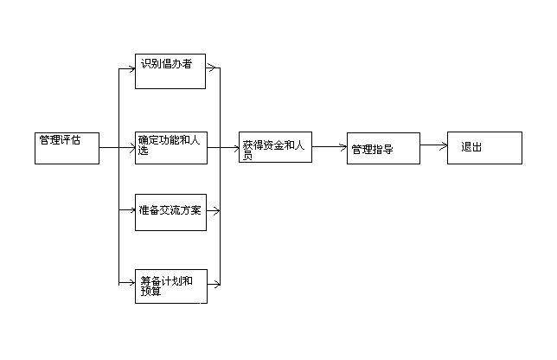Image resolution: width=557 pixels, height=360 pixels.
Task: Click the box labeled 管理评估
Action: click(67, 147)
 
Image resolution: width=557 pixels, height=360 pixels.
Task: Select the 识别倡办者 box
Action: click(170, 71)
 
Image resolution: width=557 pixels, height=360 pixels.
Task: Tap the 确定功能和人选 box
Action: click(171, 148)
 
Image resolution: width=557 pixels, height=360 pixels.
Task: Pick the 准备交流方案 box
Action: click(171, 212)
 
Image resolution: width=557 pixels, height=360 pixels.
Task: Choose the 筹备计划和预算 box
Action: click(171, 286)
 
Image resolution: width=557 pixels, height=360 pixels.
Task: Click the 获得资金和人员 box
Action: click(275, 147)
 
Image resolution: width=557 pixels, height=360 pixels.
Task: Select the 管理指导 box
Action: click(383, 148)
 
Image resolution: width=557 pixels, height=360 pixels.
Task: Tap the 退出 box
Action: click(484, 147)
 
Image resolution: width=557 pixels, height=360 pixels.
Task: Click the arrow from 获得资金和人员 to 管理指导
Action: click(329, 147)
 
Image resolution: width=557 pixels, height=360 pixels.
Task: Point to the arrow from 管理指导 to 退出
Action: click(433, 146)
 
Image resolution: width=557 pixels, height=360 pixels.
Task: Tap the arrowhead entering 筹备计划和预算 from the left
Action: click(131, 283)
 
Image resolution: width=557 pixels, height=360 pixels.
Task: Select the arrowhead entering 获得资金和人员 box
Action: click(235, 147)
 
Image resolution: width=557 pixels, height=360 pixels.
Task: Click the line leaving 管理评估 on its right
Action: click(108, 147)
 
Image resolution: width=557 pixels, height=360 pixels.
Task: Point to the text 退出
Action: click(471, 147)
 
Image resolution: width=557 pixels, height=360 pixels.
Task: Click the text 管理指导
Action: click(373, 149)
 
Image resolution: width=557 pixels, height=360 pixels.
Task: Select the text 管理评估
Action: click(60, 139)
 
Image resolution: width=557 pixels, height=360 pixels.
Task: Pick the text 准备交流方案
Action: click(170, 209)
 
